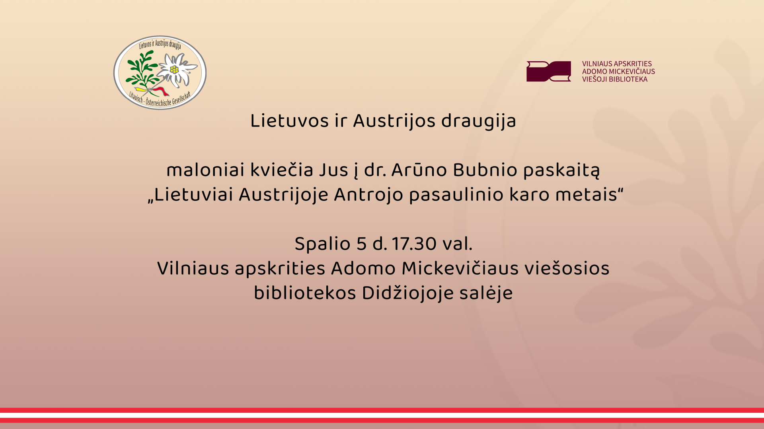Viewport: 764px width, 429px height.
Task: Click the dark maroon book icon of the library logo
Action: pos(548,71)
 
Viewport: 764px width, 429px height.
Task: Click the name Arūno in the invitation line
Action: pos(419,170)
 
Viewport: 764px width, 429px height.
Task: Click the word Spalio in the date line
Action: pos(322,244)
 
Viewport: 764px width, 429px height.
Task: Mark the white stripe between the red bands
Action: pos(382,415)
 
